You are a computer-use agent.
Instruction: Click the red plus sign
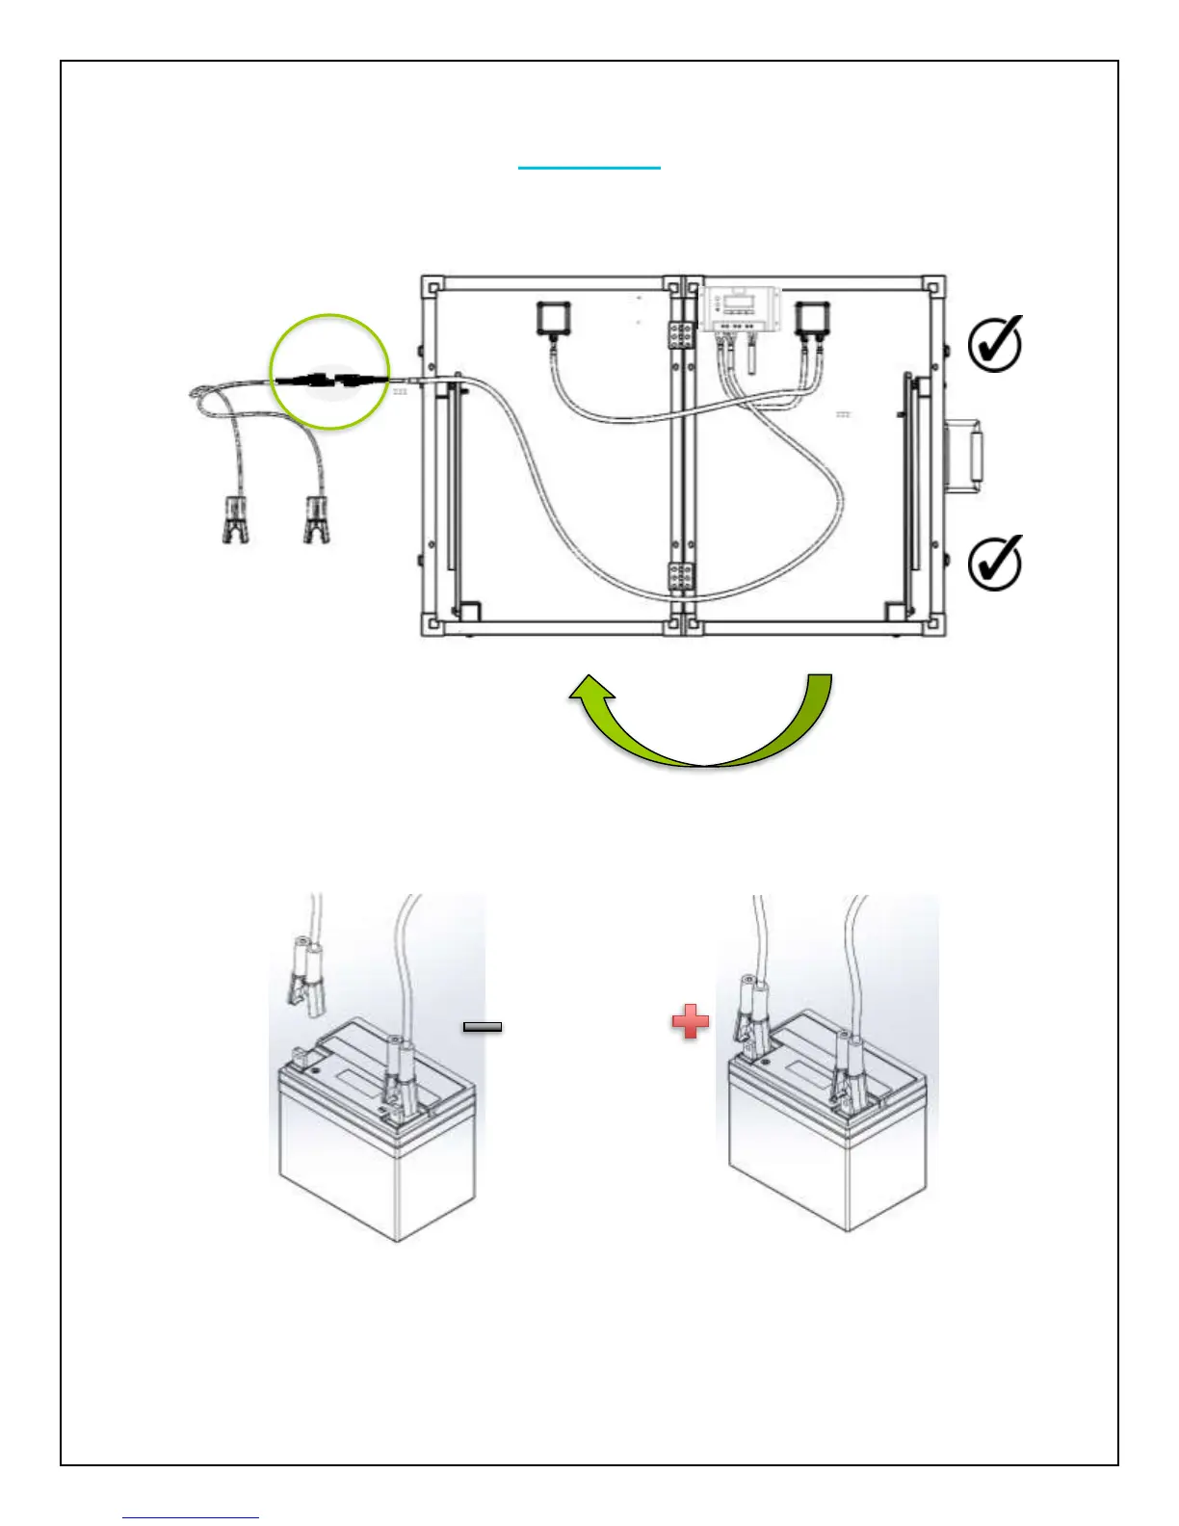691,1021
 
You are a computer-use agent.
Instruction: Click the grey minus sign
483,1027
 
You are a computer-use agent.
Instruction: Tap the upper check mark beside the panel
994,344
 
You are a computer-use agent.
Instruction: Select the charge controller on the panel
738,309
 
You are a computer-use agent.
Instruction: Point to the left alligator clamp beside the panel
234,519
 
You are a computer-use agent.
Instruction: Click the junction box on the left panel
553,319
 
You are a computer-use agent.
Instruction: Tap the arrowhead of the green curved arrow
589,693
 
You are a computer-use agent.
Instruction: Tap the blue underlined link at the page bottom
191,1517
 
